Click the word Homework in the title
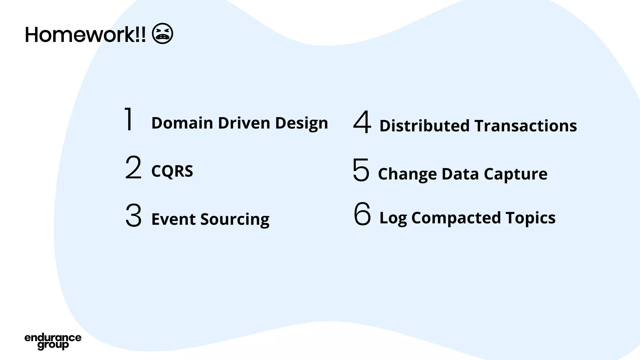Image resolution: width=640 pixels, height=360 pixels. (x=80, y=35)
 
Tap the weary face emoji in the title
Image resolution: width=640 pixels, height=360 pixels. (x=162, y=33)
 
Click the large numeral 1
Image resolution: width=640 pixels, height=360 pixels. (x=129, y=119)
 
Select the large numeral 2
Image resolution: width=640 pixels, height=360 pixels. (x=133, y=167)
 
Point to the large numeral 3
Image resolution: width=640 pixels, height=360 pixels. (x=133, y=215)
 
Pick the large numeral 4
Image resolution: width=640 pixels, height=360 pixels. (x=362, y=122)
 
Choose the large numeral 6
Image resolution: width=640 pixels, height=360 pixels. (x=362, y=214)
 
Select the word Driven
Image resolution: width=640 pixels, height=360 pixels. (x=244, y=123)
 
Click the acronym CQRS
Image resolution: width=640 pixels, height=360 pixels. (x=172, y=171)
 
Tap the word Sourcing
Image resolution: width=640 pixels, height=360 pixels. (x=235, y=219)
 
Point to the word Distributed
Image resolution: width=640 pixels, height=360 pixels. (x=424, y=126)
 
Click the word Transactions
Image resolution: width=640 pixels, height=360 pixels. (x=526, y=126)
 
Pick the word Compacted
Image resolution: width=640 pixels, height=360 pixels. (x=456, y=218)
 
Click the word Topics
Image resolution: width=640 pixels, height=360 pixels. (x=530, y=218)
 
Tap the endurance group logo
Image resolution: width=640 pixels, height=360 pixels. (x=53, y=342)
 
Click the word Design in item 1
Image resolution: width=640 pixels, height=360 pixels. (x=302, y=123)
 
